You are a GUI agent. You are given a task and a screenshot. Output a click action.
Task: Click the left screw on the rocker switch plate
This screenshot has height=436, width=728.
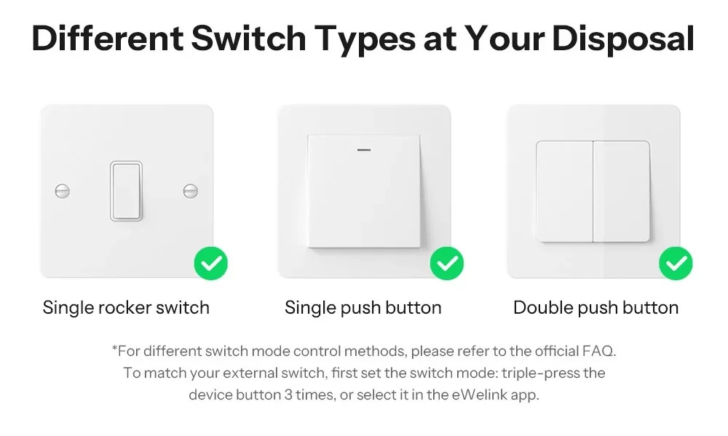[x=63, y=191]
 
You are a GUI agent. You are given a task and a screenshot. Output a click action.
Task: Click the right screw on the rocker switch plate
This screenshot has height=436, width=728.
[x=191, y=191]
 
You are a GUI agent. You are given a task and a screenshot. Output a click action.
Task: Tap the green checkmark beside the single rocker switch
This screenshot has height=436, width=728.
[x=211, y=263]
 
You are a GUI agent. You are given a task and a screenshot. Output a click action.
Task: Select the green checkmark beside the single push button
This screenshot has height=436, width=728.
[x=447, y=263]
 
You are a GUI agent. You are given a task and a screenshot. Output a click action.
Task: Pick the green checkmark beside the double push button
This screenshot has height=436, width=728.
[x=676, y=263]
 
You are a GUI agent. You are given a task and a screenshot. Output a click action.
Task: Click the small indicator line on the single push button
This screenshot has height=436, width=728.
[x=364, y=151]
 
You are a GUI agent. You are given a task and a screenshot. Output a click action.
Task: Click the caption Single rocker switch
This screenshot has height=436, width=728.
[x=126, y=308]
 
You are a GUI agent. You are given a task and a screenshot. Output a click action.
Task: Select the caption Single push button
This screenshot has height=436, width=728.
[x=363, y=308]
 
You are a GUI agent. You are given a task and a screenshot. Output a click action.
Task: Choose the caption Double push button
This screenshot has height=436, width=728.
[x=596, y=308]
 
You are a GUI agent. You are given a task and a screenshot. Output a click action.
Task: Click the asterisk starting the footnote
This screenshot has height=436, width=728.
[x=114, y=350]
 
